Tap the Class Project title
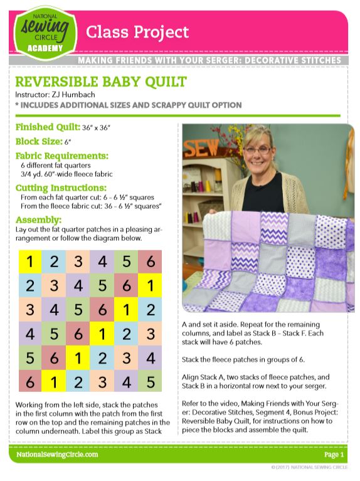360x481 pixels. (137, 31)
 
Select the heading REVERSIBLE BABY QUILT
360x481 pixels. (100, 82)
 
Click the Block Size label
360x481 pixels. (38, 141)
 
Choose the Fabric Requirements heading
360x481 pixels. (62, 156)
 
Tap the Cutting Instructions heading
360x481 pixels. (61, 188)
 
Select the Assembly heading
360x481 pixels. (38, 220)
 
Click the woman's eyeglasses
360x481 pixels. (257, 150)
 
